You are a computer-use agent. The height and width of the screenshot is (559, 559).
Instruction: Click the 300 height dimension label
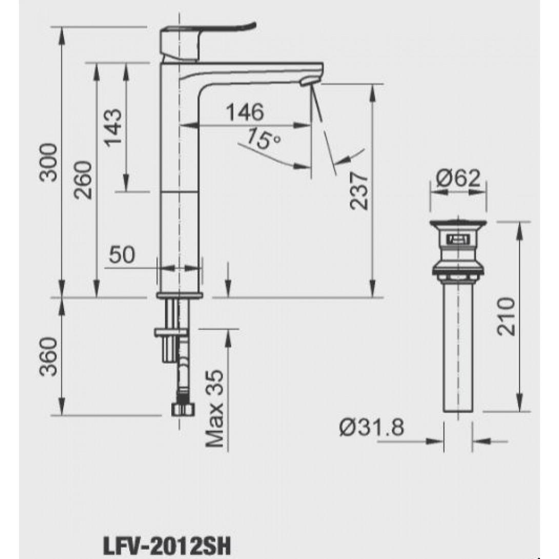click(49, 163)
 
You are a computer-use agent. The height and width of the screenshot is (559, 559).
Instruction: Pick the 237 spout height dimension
click(359, 190)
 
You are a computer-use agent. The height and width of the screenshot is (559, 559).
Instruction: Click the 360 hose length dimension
click(49, 356)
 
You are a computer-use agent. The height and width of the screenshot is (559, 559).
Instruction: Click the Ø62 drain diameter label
click(458, 178)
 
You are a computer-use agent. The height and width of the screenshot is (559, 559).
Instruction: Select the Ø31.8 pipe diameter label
click(371, 427)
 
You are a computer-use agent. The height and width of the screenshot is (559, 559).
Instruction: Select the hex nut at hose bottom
click(182, 409)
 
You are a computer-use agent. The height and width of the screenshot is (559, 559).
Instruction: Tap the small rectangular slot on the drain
click(457, 239)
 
